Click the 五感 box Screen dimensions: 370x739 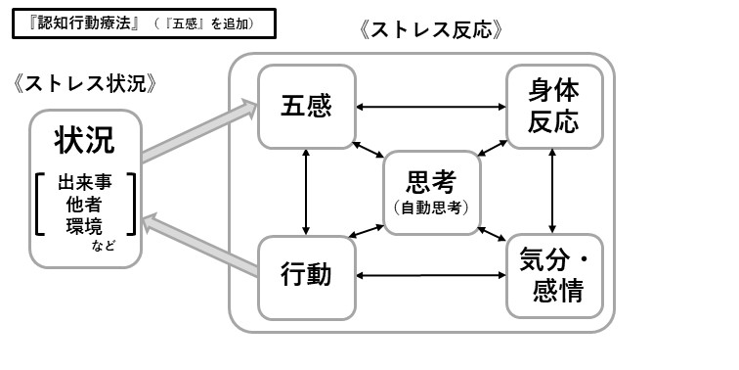306,107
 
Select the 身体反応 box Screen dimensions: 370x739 553,107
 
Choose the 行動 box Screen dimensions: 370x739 306,275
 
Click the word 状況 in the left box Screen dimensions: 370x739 84,140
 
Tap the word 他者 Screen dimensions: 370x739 84,206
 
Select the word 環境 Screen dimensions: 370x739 84,226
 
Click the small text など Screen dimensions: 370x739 104,246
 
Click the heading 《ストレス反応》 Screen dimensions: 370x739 431,29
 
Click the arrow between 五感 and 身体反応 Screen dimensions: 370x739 430,107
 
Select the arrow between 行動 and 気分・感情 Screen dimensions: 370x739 430,276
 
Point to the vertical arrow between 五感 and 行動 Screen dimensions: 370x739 307,191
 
